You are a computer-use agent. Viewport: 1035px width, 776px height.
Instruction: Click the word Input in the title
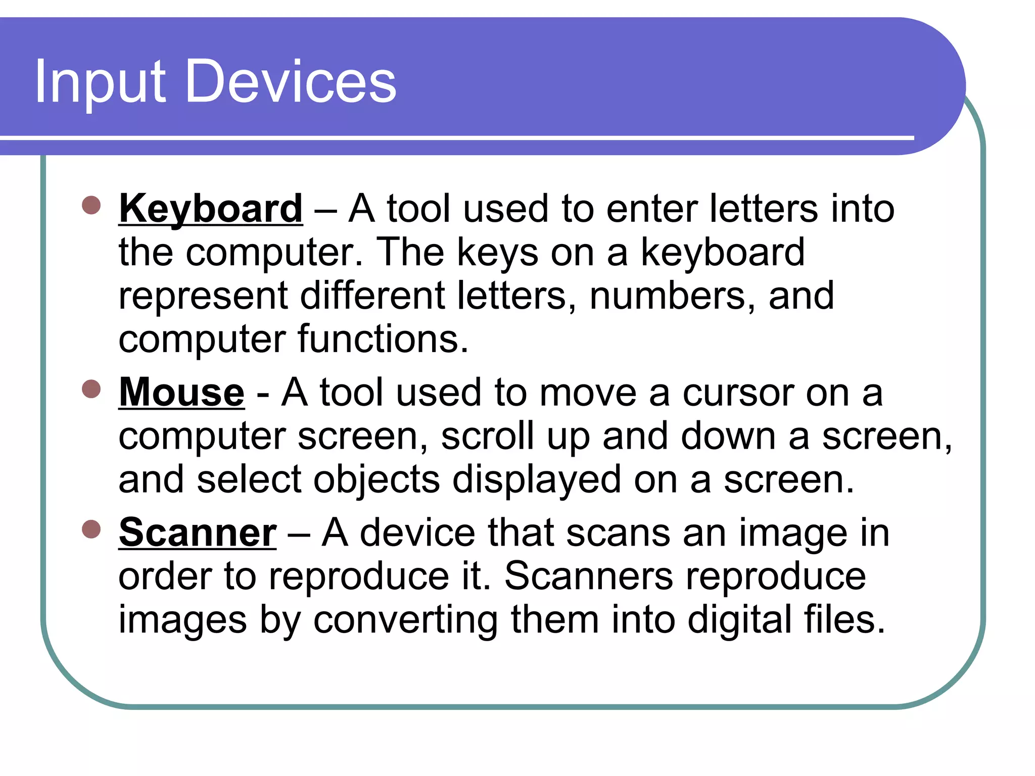(x=100, y=82)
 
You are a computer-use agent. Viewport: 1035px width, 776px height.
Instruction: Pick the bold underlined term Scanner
(x=198, y=532)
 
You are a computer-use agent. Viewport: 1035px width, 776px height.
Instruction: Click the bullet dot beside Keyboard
(x=91, y=206)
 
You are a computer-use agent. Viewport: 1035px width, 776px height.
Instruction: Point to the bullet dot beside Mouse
(x=91, y=389)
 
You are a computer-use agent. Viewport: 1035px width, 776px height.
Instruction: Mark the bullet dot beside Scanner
(x=91, y=529)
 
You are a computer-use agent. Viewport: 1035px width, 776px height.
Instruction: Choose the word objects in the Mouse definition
(x=377, y=479)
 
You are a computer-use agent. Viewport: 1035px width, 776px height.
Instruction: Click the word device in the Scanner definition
(x=417, y=532)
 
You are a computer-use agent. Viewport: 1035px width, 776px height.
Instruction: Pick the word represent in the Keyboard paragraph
(x=203, y=297)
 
